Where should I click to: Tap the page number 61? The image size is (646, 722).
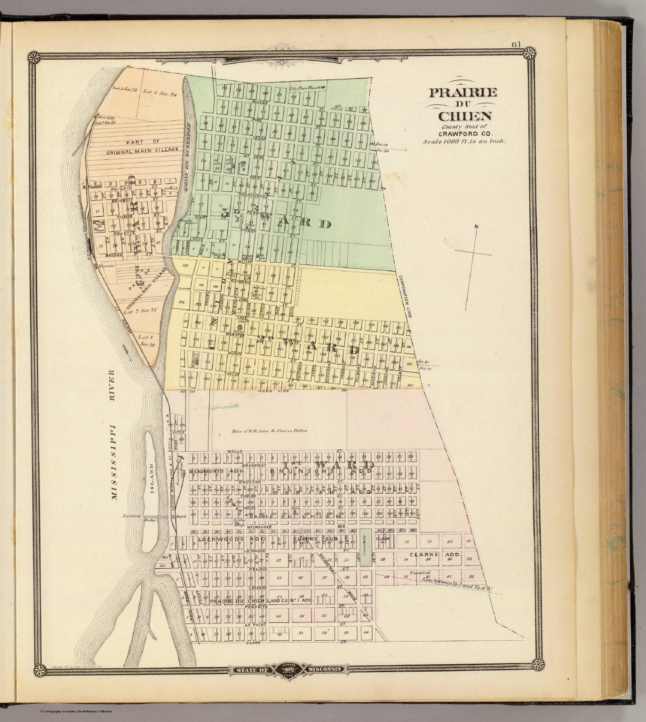[516, 44]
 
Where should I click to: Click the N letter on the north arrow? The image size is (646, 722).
[476, 228]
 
